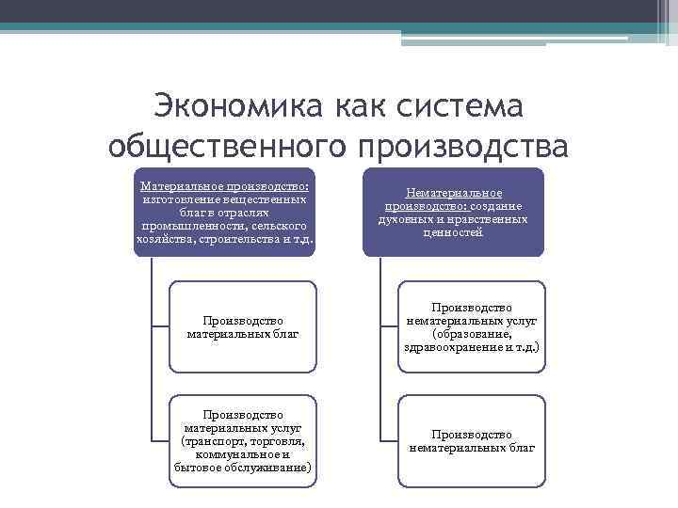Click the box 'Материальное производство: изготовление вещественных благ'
pos(225,213)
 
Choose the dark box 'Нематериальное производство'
pos(454,213)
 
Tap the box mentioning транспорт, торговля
pos(244,440)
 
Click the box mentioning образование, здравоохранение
pos(472,325)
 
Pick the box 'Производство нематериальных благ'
pos(472,440)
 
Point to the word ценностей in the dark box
pos(453,232)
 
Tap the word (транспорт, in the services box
pos(213,441)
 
